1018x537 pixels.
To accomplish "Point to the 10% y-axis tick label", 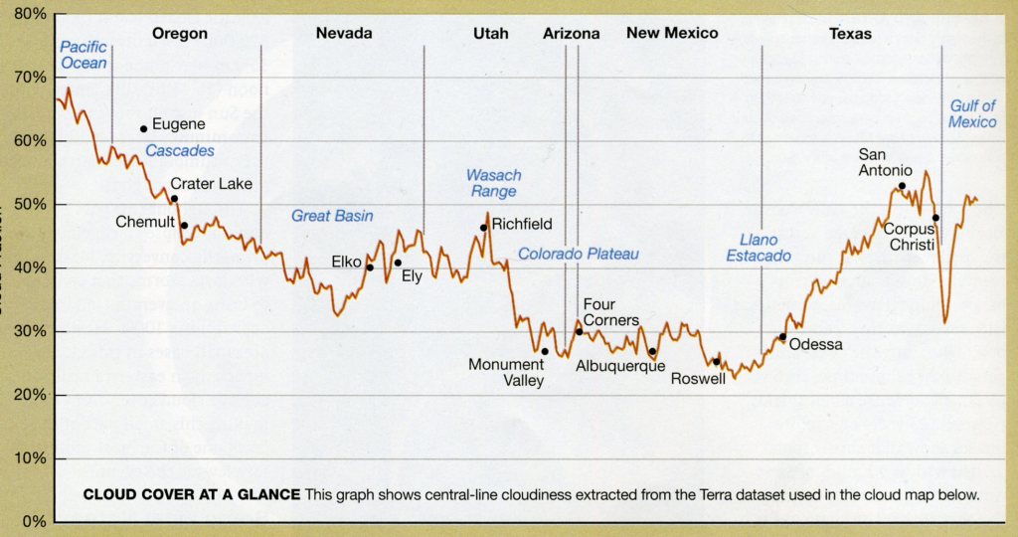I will (x=31, y=458).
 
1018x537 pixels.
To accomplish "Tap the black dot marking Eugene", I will (x=144, y=128).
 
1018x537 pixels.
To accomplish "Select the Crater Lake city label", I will (x=211, y=184).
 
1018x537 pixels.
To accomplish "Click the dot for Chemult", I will (x=184, y=226).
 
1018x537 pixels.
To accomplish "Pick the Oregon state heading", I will (x=180, y=34).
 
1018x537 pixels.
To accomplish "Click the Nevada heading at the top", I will (x=344, y=34).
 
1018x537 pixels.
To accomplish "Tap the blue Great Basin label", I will (x=325, y=216).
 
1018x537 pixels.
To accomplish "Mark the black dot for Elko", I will (x=370, y=267).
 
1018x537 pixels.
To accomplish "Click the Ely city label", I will (x=412, y=276).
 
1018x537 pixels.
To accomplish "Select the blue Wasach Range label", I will (x=493, y=183).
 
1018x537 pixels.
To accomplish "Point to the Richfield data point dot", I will (x=483, y=228).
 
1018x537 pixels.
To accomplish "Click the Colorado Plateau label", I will (x=578, y=255).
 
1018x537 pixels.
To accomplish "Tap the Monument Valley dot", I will (x=545, y=351).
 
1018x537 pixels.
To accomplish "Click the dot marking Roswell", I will (x=716, y=361).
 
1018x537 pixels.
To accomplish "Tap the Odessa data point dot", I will (x=782, y=337).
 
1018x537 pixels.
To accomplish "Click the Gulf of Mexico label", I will (x=972, y=114).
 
